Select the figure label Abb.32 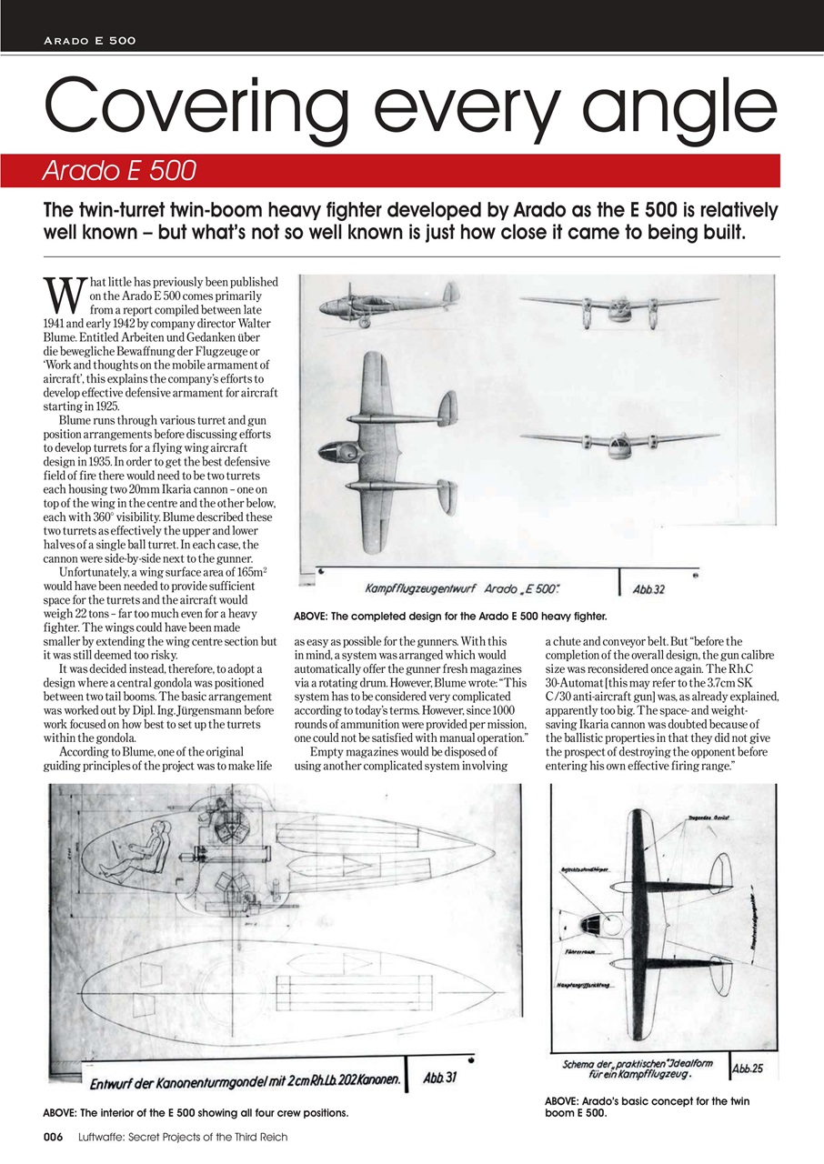(648, 588)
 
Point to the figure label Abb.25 (749, 1068)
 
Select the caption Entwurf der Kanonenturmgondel (246, 1081)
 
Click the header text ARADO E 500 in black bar (89, 41)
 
